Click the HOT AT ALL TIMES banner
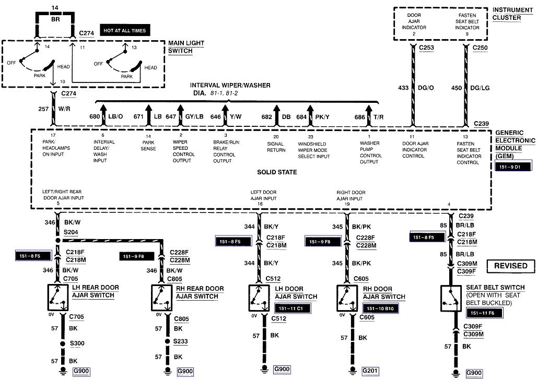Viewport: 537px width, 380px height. click(x=124, y=30)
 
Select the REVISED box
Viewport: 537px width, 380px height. click(x=511, y=266)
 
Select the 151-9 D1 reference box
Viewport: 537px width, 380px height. click(x=511, y=167)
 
